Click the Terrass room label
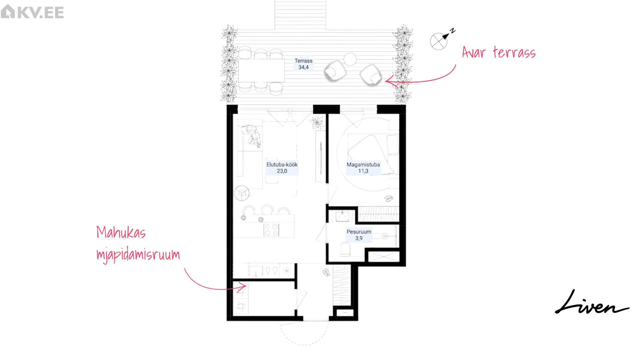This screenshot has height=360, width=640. pyautogui.click(x=303, y=61)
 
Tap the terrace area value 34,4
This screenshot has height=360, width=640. pyautogui.click(x=303, y=67)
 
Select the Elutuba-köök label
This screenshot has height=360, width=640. pyautogui.click(x=282, y=164)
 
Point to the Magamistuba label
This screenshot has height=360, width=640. pyautogui.click(x=363, y=164)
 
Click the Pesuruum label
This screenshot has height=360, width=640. pyautogui.click(x=359, y=232)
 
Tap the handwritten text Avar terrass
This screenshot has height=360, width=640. pyautogui.click(x=499, y=52)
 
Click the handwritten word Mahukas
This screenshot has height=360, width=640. pyautogui.click(x=121, y=232)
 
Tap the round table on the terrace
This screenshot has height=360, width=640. pyautogui.click(x=350, y=59)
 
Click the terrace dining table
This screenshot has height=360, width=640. pyautogui.click(x=261, y=70)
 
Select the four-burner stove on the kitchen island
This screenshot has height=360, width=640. pyautogui.click(x=271, y=230)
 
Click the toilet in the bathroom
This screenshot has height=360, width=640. pyautogui.click(x=345, y=249)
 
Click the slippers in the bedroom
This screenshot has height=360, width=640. pyautogui.click(x=389, y=199)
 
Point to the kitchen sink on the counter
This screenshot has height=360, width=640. pyautogui.click(x=256, y=271)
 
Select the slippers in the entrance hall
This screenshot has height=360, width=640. pyautogui.click(x=326, y=272)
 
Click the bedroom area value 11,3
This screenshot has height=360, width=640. pyautogui.click(x=363, y=171)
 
